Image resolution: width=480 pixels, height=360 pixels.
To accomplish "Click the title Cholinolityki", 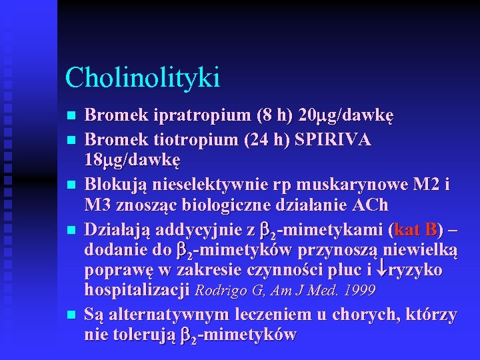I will tap(142, 77).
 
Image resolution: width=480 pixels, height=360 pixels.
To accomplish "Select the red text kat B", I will tap(417, 231).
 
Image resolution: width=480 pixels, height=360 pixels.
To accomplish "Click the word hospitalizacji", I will tap(137, 290).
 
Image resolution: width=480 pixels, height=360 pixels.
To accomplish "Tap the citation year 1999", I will tap(360, 291).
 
